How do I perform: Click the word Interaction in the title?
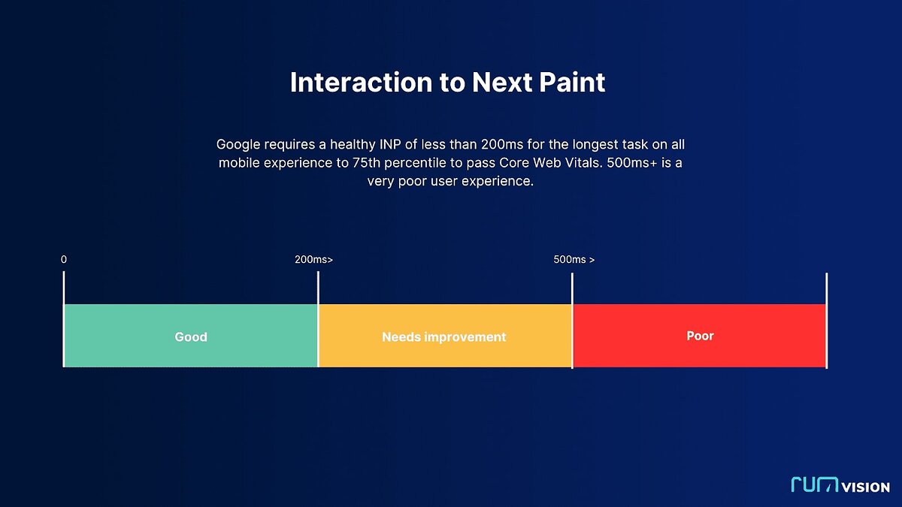click(362, 82)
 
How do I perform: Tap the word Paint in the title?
click(572, 82)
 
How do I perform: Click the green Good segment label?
click(191, 336)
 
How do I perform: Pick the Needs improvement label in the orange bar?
click(443, 337)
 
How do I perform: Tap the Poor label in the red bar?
click(701, 336)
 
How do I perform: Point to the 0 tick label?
click(64, 260)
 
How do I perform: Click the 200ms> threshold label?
click(313, 260)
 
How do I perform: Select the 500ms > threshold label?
click(574, 260)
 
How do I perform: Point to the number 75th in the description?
click(367, 162)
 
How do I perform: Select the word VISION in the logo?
click(866, 487)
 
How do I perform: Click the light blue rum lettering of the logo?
click(815, 484)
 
